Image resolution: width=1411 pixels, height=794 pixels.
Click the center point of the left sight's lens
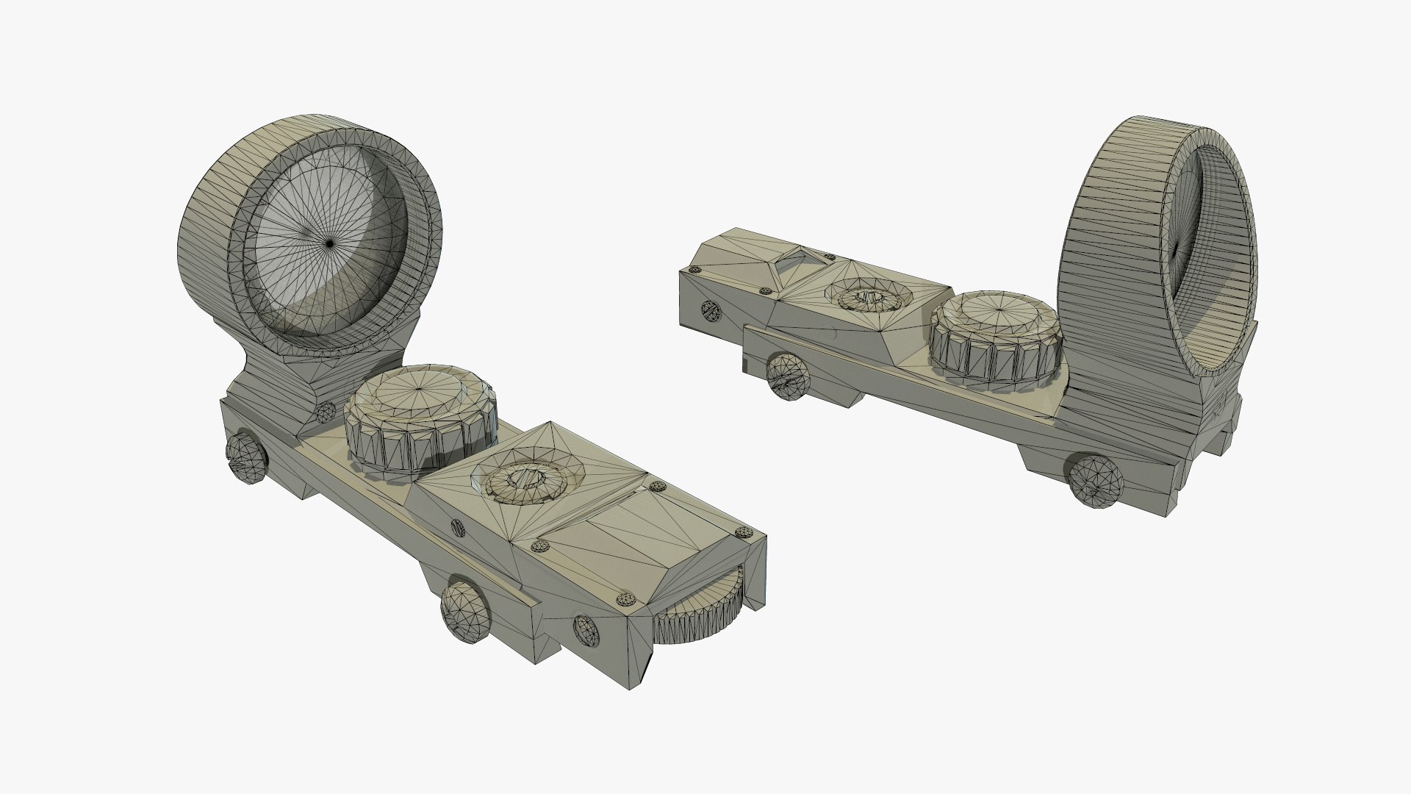(330, 242)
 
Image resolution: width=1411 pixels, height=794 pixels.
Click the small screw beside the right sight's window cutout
(830, 257)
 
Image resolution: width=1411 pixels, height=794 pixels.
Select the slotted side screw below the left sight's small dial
(458, 526)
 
